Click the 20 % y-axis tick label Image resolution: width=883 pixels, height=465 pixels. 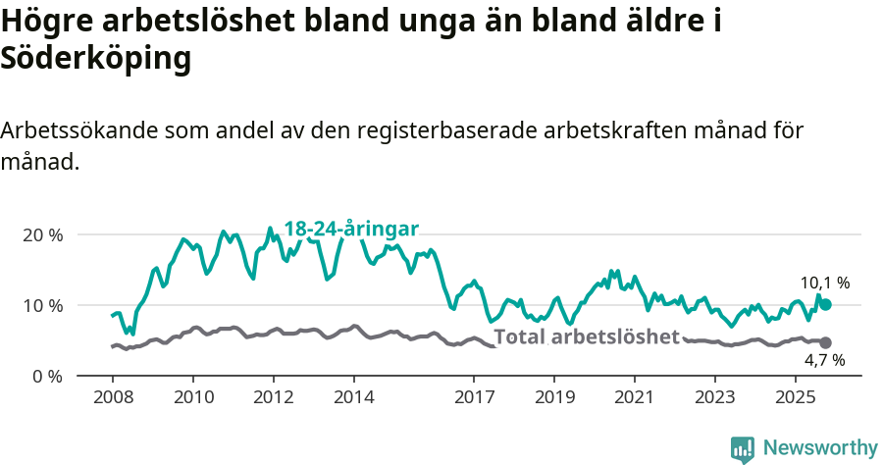pyautogui.click(x=40, y=235)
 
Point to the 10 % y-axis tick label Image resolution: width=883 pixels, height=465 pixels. pyautogui.click(x=40, y=305)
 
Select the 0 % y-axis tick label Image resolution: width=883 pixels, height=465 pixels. pyautogui.click(x=45, y=376)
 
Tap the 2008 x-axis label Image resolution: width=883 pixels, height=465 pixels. pyautogui.click(x=112, y=398)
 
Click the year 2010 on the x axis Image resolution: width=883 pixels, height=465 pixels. pyautogui.click(x=192, y=398)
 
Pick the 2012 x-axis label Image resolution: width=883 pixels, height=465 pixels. pyautogui.click(x=273, y=398)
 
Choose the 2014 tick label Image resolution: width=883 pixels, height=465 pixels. pyautogui.click(x=353, y=398)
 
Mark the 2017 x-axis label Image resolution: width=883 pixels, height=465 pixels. pyautogui.click(x=474, y=398)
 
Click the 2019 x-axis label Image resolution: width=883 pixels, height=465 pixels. pyautogui.click(x=554, y=398)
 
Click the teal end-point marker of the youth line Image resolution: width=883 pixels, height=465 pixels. pyautogui.click(x=825, y=305)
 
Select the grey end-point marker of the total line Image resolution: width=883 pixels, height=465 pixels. pyautogui.click(x=825, y=342)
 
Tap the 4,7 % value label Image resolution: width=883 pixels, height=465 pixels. pyautogui.click(x=824, y=361)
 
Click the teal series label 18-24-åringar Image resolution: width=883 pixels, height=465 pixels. pyautogui.click(x=351, y=229)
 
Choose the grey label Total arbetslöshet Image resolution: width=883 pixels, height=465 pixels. pyautogui.click(x=586, y=337)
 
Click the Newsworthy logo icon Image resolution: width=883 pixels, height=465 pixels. pyautogui.click(x=743, y=448)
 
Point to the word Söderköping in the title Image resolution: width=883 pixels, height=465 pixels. pyautogui.click(x=95, y=59)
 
